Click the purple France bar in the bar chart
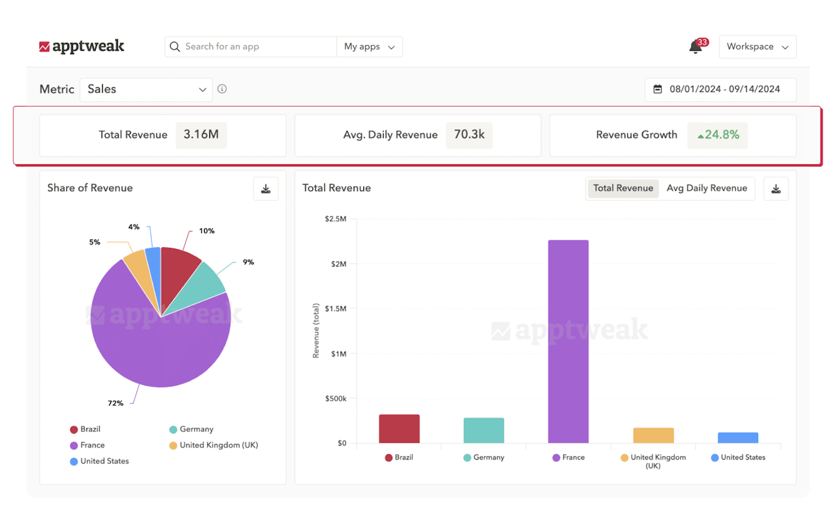point(568,341)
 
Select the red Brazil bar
point(399,429)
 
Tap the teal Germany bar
point(484,430)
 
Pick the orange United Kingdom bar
point(653,435)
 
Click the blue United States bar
point(738,438)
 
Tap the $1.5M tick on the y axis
point(336,308)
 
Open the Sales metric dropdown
point(146,89)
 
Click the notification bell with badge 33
point(696,47)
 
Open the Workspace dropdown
point(757,47)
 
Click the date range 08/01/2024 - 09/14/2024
point(720,89)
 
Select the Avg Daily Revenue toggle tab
point(707,188)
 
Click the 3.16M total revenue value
point(201,135)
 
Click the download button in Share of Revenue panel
point(266,189)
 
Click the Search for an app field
point(251,47)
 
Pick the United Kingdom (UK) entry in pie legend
point(218,445)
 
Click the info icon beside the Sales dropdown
point(222,89)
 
